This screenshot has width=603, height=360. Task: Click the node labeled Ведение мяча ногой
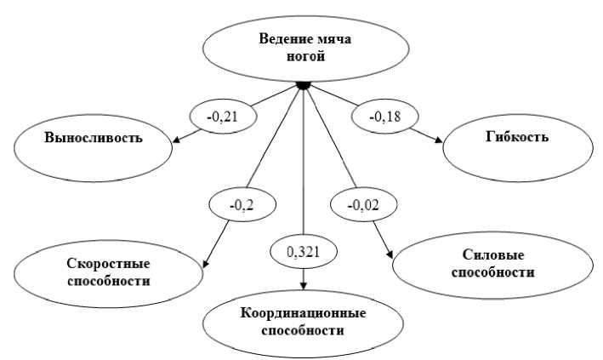304,48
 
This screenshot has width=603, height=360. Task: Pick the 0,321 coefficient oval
304,249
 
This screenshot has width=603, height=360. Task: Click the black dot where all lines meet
301,85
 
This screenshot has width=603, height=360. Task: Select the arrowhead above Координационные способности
304,287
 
